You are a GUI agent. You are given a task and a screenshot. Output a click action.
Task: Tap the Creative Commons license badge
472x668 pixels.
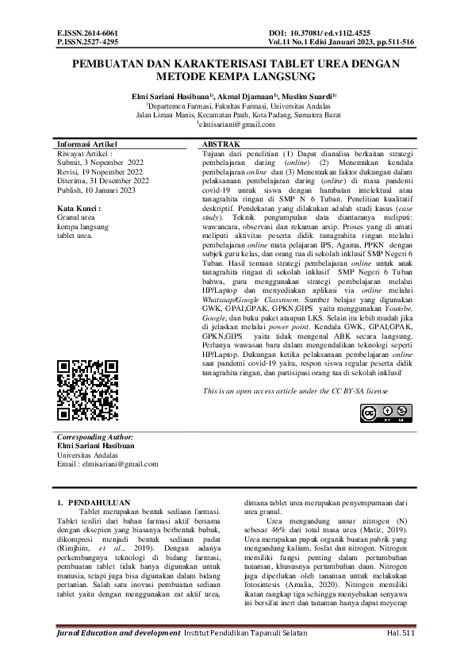379,413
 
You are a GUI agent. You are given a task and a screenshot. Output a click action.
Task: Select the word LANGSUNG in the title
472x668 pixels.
271,79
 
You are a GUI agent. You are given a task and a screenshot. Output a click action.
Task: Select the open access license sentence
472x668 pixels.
295,392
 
